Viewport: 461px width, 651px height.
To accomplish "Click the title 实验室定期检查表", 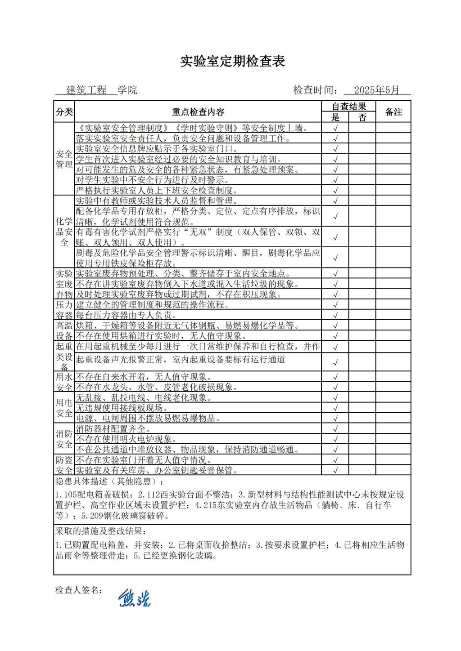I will click(232, 61).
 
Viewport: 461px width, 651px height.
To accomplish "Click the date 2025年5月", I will click(376, 90).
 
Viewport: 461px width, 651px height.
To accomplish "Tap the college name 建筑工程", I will click(86, 90).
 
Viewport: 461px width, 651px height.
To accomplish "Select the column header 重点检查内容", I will click(198, 112).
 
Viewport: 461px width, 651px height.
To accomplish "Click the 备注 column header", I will click(393, 112).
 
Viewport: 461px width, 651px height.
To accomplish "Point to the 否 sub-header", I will click(362, 117).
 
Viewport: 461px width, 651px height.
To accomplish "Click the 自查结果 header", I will click(348, 107).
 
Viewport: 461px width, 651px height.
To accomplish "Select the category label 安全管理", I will click(64, 159).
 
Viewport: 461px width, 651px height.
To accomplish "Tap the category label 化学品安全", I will click(64, 232).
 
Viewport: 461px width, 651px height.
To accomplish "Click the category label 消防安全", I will click(64, 439).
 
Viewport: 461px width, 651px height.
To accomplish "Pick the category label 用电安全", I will click(64, 408).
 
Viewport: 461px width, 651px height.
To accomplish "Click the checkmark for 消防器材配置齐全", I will click(335, 429).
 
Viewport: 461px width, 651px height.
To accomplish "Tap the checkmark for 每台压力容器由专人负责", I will click(335, 315).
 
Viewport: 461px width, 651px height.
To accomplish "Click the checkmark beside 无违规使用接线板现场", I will click(335, 408).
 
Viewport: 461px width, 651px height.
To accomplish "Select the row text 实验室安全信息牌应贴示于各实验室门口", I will click(157, 149).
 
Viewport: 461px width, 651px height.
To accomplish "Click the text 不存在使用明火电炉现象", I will click(126, 439).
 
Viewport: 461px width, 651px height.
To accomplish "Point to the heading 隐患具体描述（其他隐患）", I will click(100, 482).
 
